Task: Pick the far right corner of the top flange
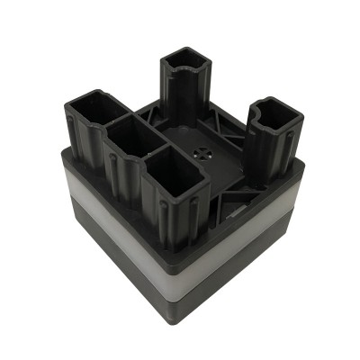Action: click(x=300, y=165)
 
